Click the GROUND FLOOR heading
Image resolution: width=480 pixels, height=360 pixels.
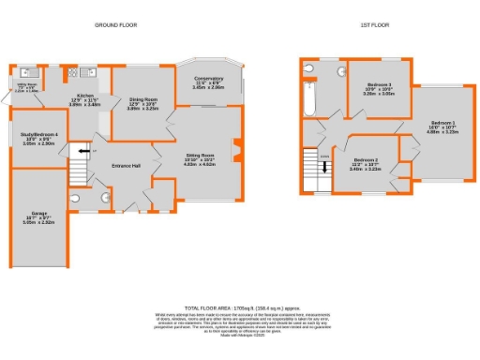[115, 25]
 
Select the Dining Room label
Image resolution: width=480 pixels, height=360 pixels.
[143, 99]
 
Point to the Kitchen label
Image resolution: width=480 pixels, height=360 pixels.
[85, 95]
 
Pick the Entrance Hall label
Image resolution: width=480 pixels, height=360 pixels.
[123, 166]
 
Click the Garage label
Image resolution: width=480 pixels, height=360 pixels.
[38, 215]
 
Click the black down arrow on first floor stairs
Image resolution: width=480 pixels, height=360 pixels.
[324, 169]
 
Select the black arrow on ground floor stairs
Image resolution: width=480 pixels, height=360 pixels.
[81, 150]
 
